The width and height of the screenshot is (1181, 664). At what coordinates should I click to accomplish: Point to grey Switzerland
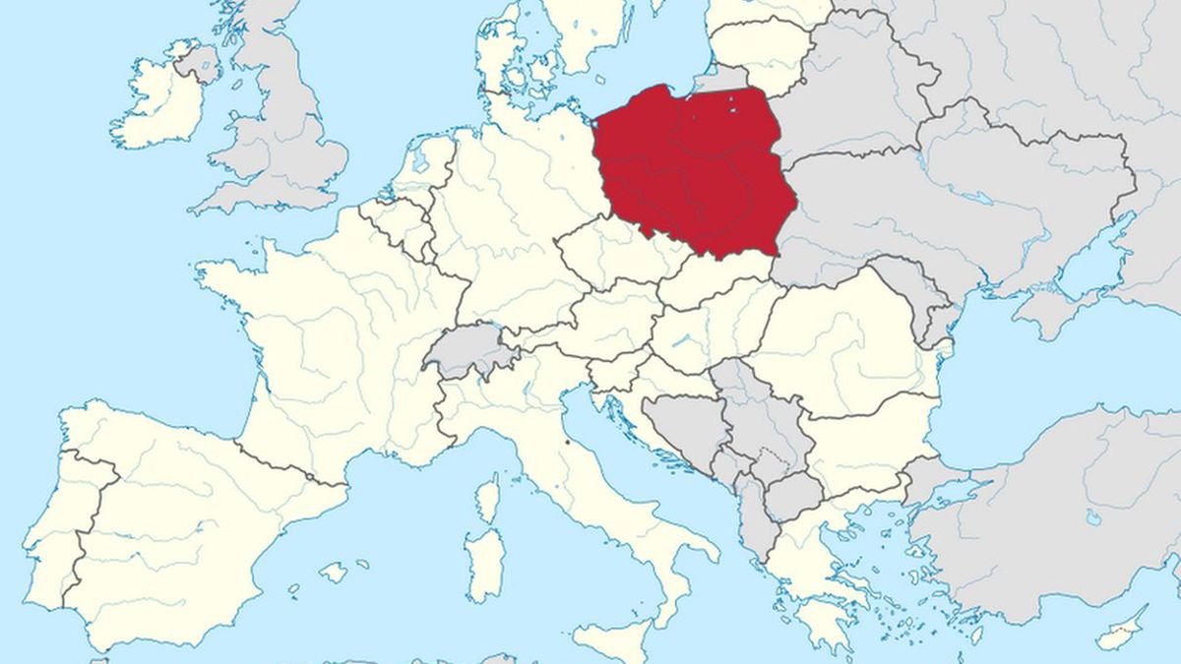click(467, 349)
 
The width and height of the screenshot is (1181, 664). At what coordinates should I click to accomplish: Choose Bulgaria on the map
click(866, 433)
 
